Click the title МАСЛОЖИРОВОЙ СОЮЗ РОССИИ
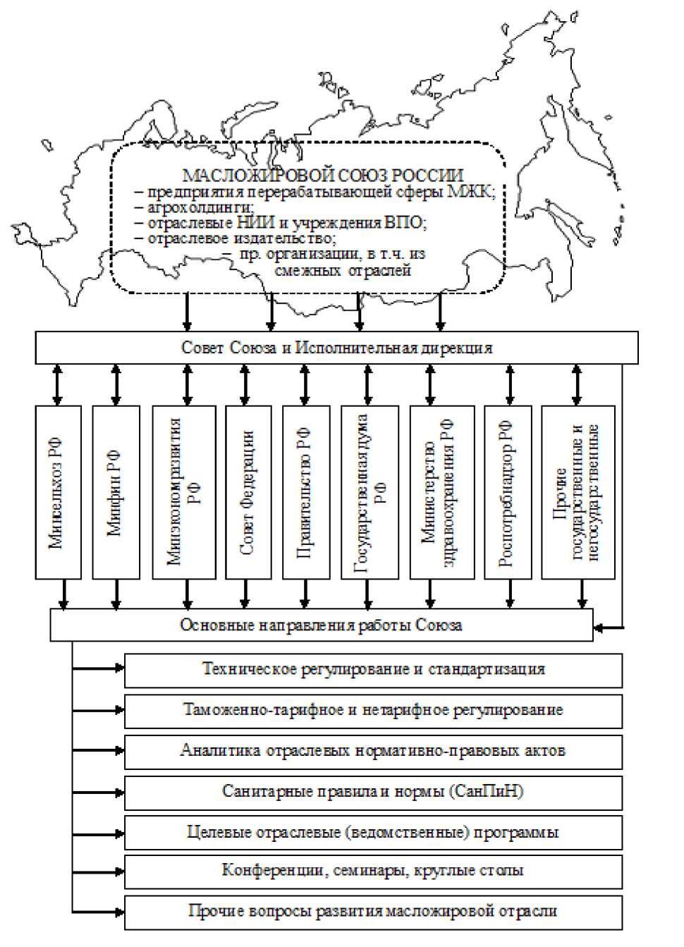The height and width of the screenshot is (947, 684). pos(323,176)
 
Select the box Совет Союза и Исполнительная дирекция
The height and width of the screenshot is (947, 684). pos(336,348)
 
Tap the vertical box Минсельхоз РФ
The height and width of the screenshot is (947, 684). pos(58,492)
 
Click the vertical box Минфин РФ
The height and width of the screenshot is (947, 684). pos(116,492)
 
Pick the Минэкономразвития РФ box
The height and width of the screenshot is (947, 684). pos(184,492)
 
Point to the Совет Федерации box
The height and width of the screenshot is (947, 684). pos(246,492)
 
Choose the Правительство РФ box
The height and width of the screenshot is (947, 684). pos(305,492)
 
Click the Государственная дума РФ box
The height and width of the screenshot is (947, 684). pos(369,492)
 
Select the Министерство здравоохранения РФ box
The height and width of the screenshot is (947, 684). pos(441,492)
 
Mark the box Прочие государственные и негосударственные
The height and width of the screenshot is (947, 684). pos(578,492)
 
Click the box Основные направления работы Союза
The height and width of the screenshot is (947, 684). pos(321,625)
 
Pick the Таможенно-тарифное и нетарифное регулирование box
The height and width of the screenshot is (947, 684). pos(373,711)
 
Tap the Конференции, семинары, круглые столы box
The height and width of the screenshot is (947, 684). pos(373,872)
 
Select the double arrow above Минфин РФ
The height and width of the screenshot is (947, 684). pos(116,384)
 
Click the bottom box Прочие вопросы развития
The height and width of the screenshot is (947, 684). pos(373,912)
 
